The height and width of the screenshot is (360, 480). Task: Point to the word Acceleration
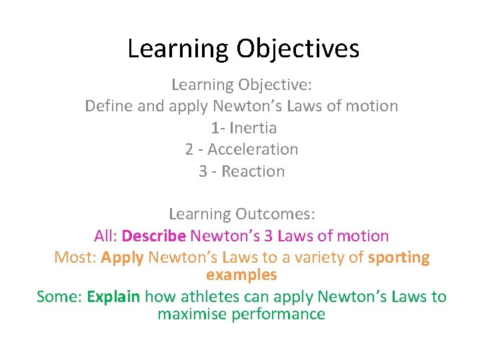tap(253, 149)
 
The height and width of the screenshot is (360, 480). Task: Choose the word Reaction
tap(253, 171)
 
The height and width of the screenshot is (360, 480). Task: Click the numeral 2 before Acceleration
tap(189, 149)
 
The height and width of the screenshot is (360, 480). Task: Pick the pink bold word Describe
tap(154, 236)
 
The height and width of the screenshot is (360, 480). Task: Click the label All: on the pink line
tap(106, 236)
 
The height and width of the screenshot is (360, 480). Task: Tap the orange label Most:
tap(75, 257)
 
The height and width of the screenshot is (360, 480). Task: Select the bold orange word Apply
tap(122, 257)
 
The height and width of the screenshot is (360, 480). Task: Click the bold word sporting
tap(399, 257)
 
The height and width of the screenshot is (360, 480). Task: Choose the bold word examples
tap(241, 275)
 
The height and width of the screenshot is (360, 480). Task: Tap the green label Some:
tap(59, 297)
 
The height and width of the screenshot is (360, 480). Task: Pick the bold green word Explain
tap(113, 297)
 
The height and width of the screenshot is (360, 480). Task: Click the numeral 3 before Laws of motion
tap(267, 236)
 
